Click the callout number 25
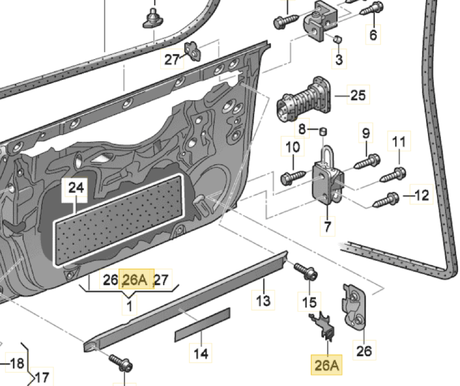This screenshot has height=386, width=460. pyautogui.click(x=358, y=95)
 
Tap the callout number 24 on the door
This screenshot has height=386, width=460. pyautogui.click(x=76, y=188)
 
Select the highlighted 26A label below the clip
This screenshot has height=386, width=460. pyautogui.click(x=327, y=365)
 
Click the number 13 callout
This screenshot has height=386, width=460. pyautogui.click(x=263, y=300)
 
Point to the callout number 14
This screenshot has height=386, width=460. pyautogui.click(x=201, y=354)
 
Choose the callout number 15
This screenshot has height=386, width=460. pyautogui.click(x=309, y=302)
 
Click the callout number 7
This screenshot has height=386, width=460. pyautogui.click(x=328, y=227)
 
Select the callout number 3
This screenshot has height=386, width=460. pyautogui.click(x=339, y=59)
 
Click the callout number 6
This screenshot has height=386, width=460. pyautogui.click(x=373, y=35)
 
